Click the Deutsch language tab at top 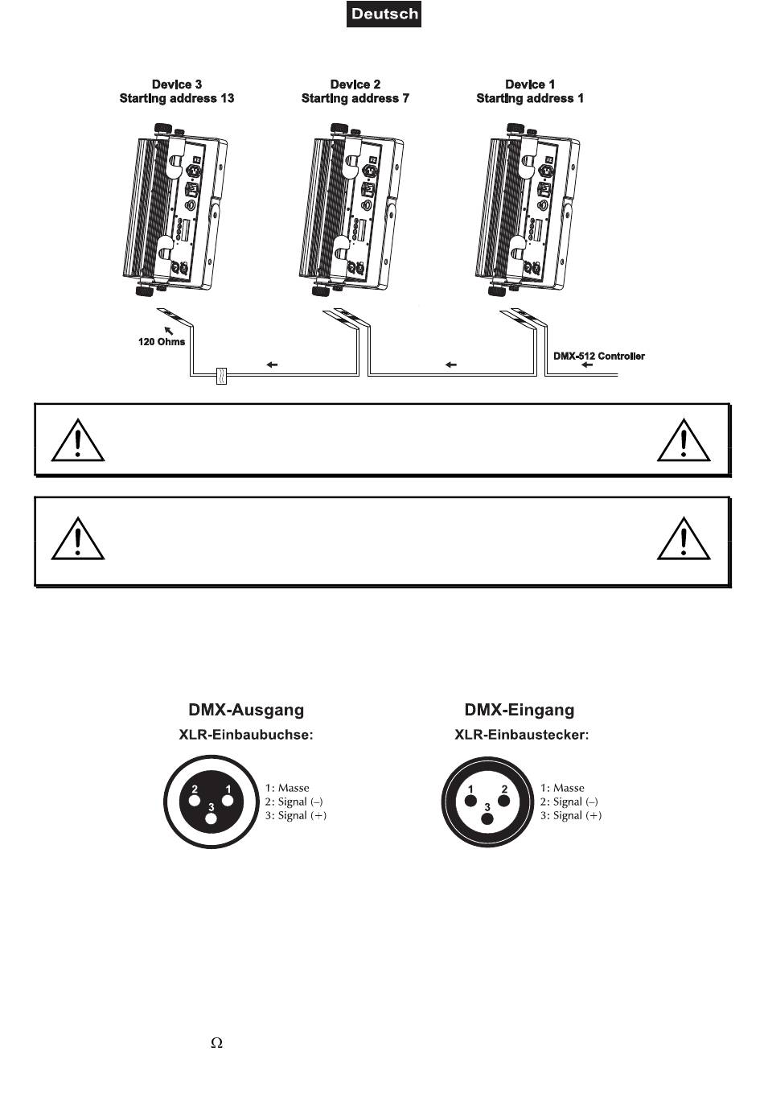point(384,14)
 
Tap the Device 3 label point(177,84)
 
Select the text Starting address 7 point(355,98)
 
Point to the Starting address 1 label point(529,98)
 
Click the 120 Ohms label point(161,342)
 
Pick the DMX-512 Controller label point(598,356)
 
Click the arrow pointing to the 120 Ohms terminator point(169,329)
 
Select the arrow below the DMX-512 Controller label point(586,365)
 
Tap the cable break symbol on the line point(223,375)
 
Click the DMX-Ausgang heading point(246,710)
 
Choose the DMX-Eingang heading point(520,710)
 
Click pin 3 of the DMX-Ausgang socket point(211,818)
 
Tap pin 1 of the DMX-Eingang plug point(470,801)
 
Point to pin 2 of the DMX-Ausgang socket point(194,801)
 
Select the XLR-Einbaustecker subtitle point(521,735)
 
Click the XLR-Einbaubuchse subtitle point(245,735)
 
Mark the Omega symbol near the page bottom point(216,1043)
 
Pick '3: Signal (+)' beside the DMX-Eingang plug point(570,815)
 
